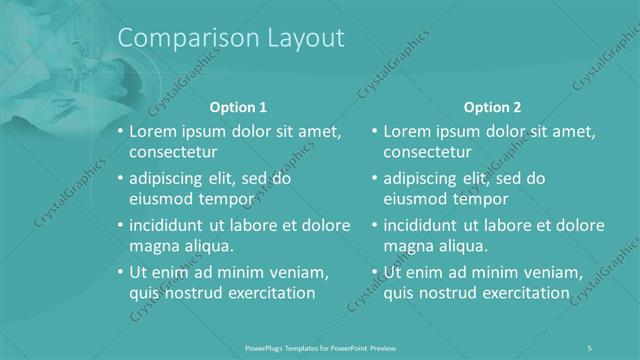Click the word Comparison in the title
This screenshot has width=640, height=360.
181,38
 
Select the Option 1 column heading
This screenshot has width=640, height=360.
238,107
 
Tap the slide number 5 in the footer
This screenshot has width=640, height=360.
590,347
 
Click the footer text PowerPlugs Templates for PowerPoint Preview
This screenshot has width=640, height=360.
320,347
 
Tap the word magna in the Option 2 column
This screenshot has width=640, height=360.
406,246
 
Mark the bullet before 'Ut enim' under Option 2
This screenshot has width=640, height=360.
373,271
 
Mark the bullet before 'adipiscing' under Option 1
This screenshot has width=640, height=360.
120,178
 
